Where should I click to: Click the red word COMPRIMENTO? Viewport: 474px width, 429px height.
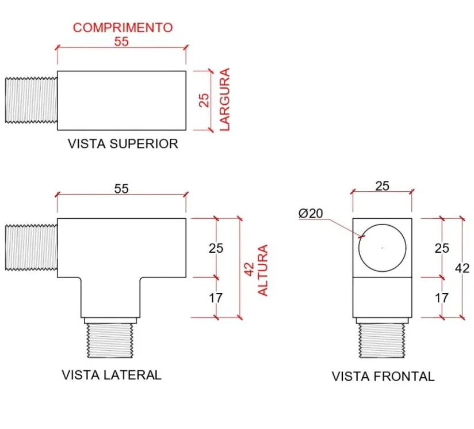coord(123,28)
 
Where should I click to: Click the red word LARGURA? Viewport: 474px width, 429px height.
coord(224,99)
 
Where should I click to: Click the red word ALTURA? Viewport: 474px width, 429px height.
coord(263,270)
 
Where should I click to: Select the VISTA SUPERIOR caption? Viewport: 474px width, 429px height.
coord(123,144)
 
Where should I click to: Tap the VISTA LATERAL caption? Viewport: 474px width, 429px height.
coord(112,375)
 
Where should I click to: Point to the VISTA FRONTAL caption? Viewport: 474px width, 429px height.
coord(383,377)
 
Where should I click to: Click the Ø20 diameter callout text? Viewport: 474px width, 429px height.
coord(311,213)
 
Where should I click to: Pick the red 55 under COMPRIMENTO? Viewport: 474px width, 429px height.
coord(121,41)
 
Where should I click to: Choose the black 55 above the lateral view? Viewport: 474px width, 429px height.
coord(121,189)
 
